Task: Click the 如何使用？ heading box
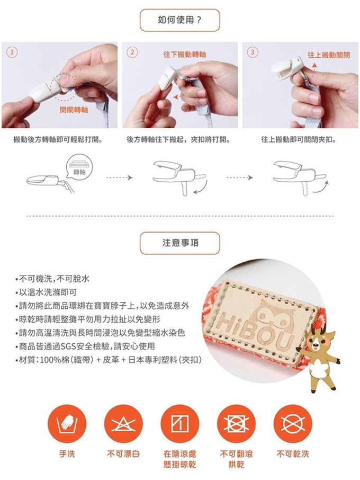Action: (180, 20)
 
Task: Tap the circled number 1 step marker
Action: (12, 52)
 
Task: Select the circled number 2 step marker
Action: (132, 52)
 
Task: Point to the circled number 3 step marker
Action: (253, 52)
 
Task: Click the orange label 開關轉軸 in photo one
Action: (74, 110)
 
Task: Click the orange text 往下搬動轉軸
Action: (185, 55)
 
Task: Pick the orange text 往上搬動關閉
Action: (329, 55)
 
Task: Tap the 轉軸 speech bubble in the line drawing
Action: (79, 167)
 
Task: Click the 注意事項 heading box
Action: (180, 243)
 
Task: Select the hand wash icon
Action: (67, 424)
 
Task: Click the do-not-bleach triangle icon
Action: (123, 424)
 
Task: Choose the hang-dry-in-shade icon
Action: (180, 424)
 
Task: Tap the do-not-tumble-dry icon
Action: (237, 424)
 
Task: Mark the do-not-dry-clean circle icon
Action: (293, 424)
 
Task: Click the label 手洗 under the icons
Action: (67, 454)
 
